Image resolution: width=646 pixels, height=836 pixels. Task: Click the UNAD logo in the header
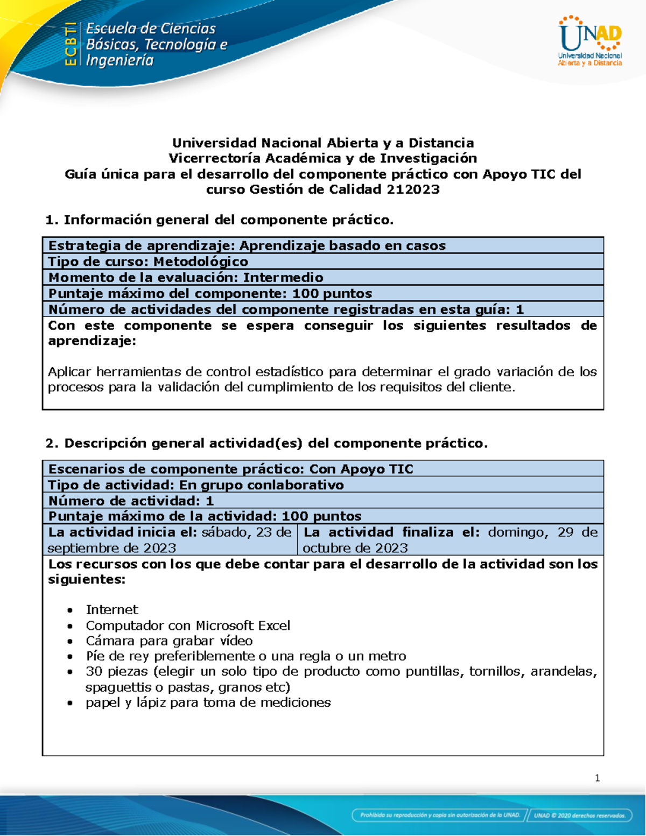(590, 41)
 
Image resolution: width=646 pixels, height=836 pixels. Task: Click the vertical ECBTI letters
(70, 44)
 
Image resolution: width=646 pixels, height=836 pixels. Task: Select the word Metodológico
(201, 262)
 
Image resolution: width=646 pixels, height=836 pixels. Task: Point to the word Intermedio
(283, 278)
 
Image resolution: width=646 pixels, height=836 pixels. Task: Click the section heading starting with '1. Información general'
(220, 220)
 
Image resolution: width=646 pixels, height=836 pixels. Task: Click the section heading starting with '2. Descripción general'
(266, 443)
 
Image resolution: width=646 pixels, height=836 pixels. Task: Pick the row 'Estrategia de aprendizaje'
(247, 245)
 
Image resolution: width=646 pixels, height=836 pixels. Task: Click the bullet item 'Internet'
(112, 609)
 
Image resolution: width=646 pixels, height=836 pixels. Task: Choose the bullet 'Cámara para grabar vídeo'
(169, 641)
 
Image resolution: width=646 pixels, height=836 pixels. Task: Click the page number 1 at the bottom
(598, 778)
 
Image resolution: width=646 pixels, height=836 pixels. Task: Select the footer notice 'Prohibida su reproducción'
(440, 815)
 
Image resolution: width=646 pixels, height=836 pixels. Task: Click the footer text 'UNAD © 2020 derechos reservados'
(580, 815)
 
